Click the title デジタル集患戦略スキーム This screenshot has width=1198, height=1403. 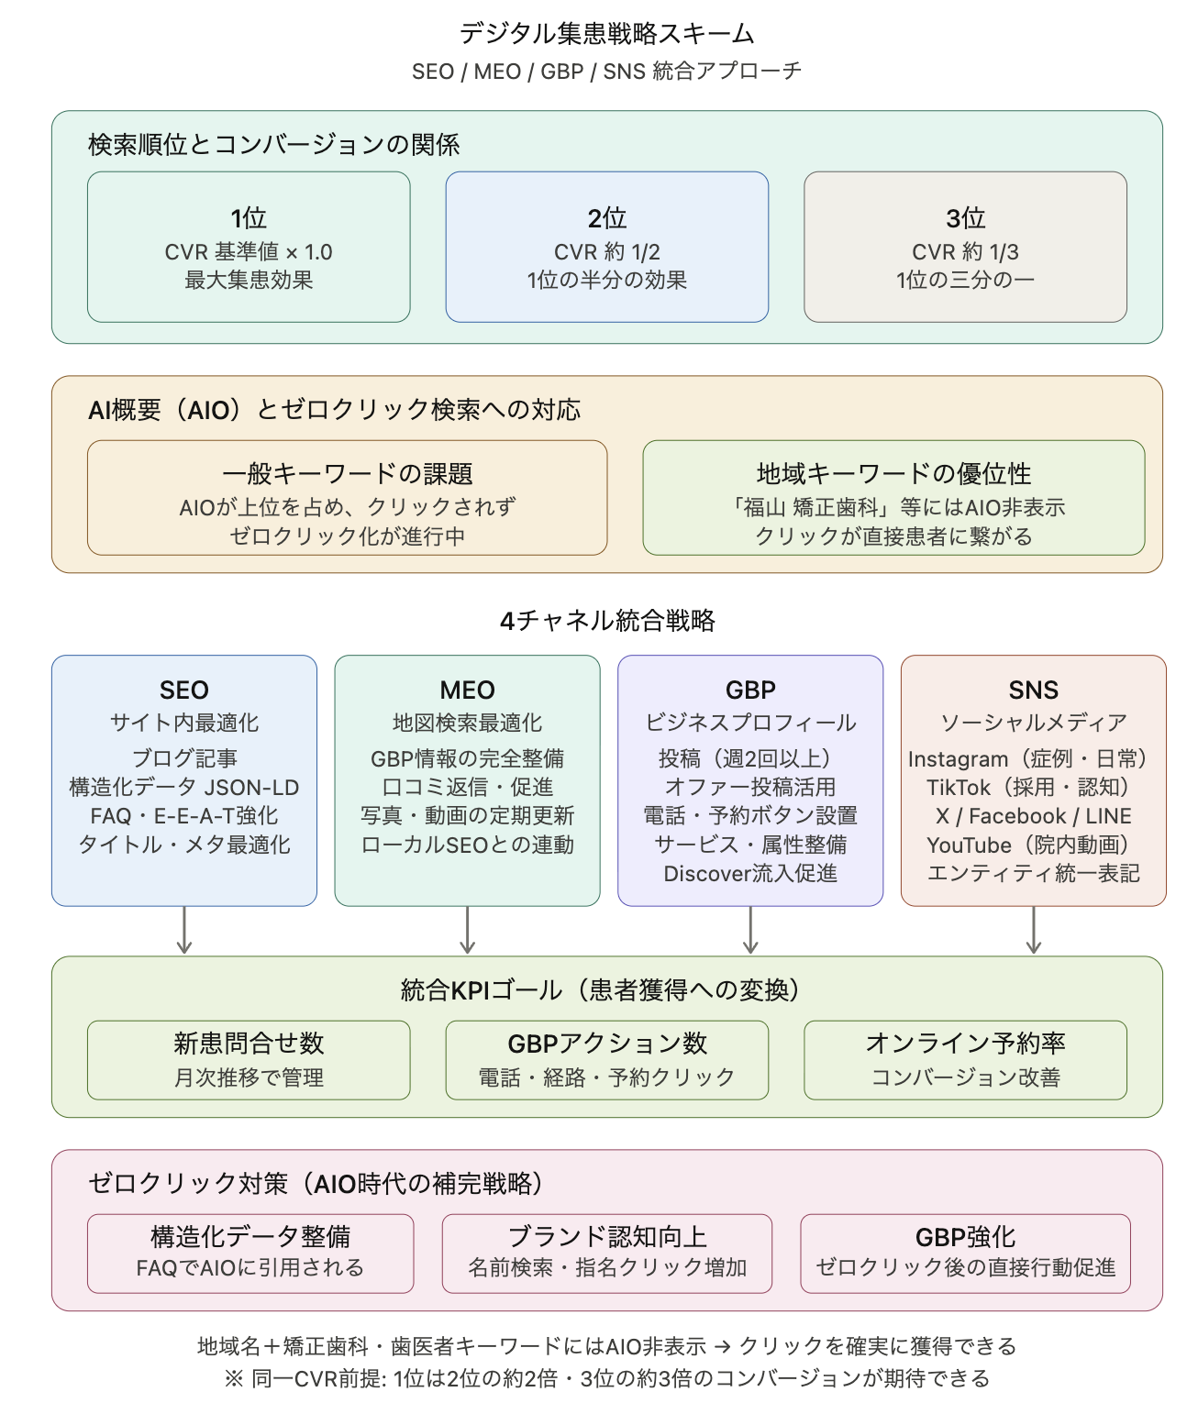coord(606,34)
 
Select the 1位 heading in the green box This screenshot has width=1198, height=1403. coord(249,218)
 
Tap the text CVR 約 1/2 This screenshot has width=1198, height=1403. coord(606,252)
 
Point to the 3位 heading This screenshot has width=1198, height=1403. coord(965,218)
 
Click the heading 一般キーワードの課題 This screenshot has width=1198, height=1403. coord(347,474)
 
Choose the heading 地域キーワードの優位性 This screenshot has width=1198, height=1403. coord(893,474)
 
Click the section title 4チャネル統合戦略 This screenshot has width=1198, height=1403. coord(606,621)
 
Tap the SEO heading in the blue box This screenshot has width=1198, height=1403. coord(183,690)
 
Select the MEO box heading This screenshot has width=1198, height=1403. coord(467,690)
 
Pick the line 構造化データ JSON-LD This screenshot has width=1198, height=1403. coord(183,787)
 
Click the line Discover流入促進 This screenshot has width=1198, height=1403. coord(750,873)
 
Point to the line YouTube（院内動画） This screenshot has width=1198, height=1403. coord(1033,845)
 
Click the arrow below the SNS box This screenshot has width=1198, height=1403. coord(1034,931)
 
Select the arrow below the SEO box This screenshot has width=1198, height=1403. coord(184,931)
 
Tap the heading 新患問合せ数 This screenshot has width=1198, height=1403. coord(249,1043)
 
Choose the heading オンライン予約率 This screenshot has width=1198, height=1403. coord(965,1043)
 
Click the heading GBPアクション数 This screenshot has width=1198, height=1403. coord(606,1043)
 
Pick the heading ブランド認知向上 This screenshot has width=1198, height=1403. coord(606,1236)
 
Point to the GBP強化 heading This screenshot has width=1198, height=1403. coord(965,1236)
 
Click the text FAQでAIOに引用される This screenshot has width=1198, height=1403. coord(250,1267)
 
